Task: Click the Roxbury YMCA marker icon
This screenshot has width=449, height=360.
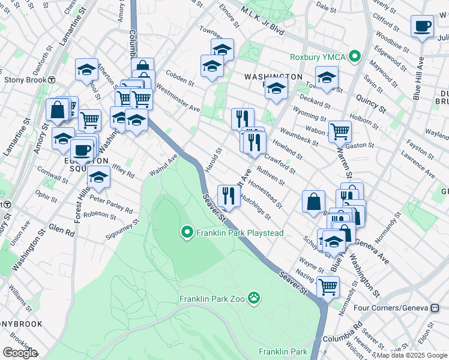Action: (355, 57)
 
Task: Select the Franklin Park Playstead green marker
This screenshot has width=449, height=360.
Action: (187, 232)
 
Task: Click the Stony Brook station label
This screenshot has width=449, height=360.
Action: (25, 79)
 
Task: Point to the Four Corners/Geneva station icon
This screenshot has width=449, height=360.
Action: (435, 308)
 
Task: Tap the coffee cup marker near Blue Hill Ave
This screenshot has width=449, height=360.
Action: (422, 26)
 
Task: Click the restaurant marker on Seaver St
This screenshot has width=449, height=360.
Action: (229, 195)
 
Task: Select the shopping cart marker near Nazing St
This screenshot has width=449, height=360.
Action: (328, 287)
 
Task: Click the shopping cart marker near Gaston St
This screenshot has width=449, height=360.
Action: (340, 130)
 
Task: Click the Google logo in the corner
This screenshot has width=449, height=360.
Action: (20, 353)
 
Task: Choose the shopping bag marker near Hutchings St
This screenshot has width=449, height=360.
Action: (314, 201)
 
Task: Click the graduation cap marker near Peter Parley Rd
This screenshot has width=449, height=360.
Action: (99, 176)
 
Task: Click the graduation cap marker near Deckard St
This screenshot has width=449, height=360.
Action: (327, 77)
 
